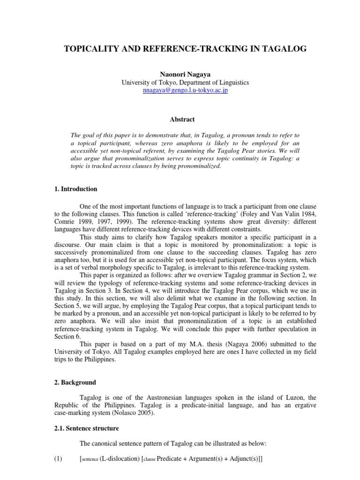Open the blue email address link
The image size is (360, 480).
tap(185, 90)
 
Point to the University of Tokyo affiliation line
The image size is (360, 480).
tap(185, 82)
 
